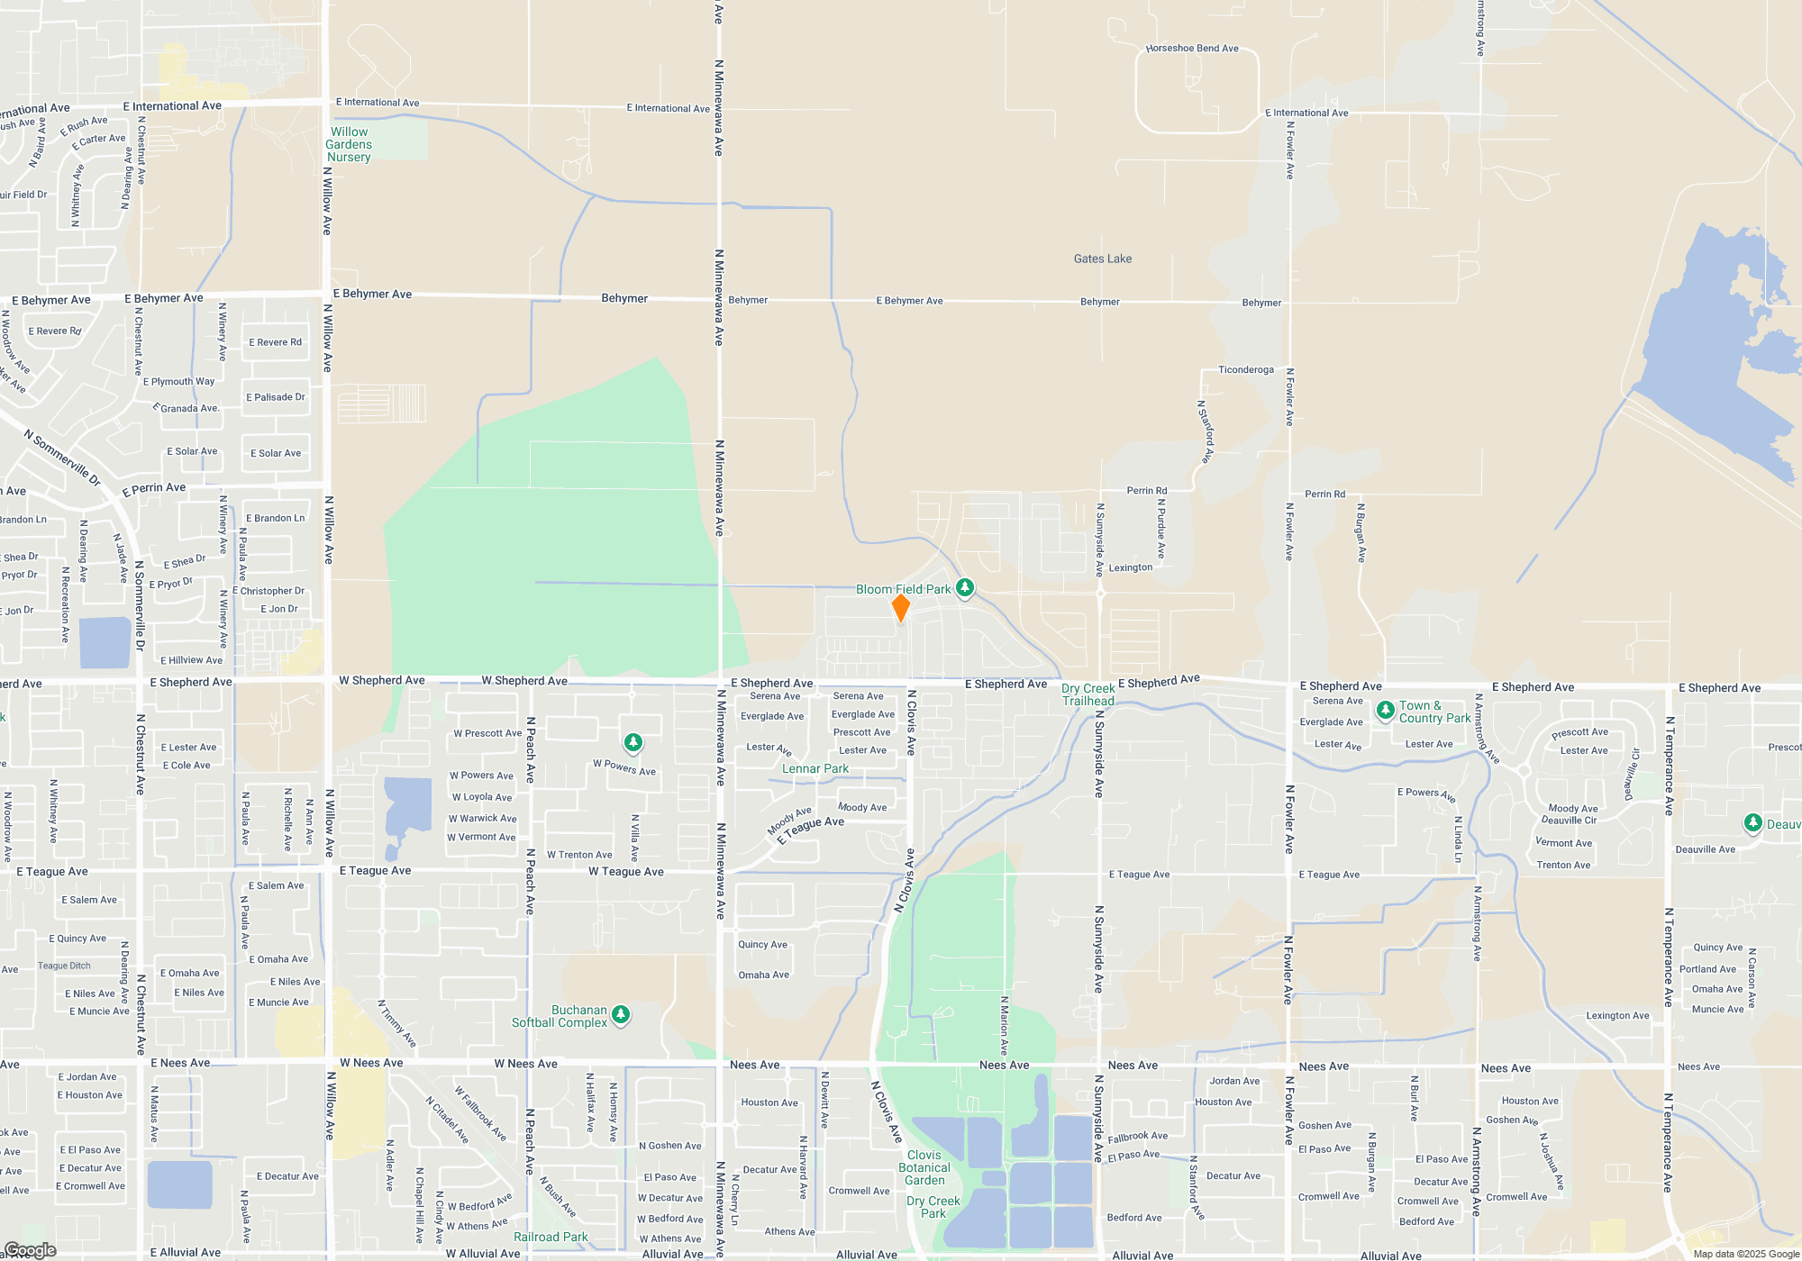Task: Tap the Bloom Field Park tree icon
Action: point(965,588)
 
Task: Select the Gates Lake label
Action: point(1103,259)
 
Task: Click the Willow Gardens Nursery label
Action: point(349,144)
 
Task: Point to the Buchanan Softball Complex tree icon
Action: point(620,1015)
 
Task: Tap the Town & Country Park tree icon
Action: point(1386,711)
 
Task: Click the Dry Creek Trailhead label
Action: point(1088,694)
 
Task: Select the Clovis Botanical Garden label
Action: point(924,1167)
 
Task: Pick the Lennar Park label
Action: point(815,768)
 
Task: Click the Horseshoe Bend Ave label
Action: point(1192,49)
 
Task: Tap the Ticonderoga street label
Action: point(1246,370)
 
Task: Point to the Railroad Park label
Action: point(551,1237)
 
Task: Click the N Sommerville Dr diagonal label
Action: point(62,458)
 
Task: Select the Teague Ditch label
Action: point(64,966)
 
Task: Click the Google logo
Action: point(31,1250)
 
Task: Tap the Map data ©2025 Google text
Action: point(1746,1254)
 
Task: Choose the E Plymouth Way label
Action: point(179,382)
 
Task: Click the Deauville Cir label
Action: point(1569,820)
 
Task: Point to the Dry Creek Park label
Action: point(933,1207)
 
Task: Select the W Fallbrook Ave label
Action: point(480,1113)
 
